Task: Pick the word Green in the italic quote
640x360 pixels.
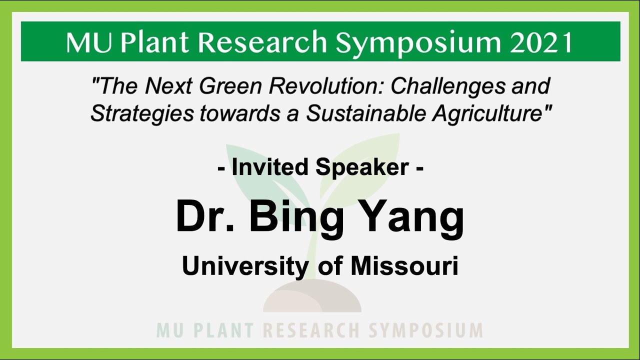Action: [231, 86]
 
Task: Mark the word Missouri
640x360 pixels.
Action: [404, 266]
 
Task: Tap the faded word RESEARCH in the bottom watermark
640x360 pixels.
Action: [310, 330]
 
